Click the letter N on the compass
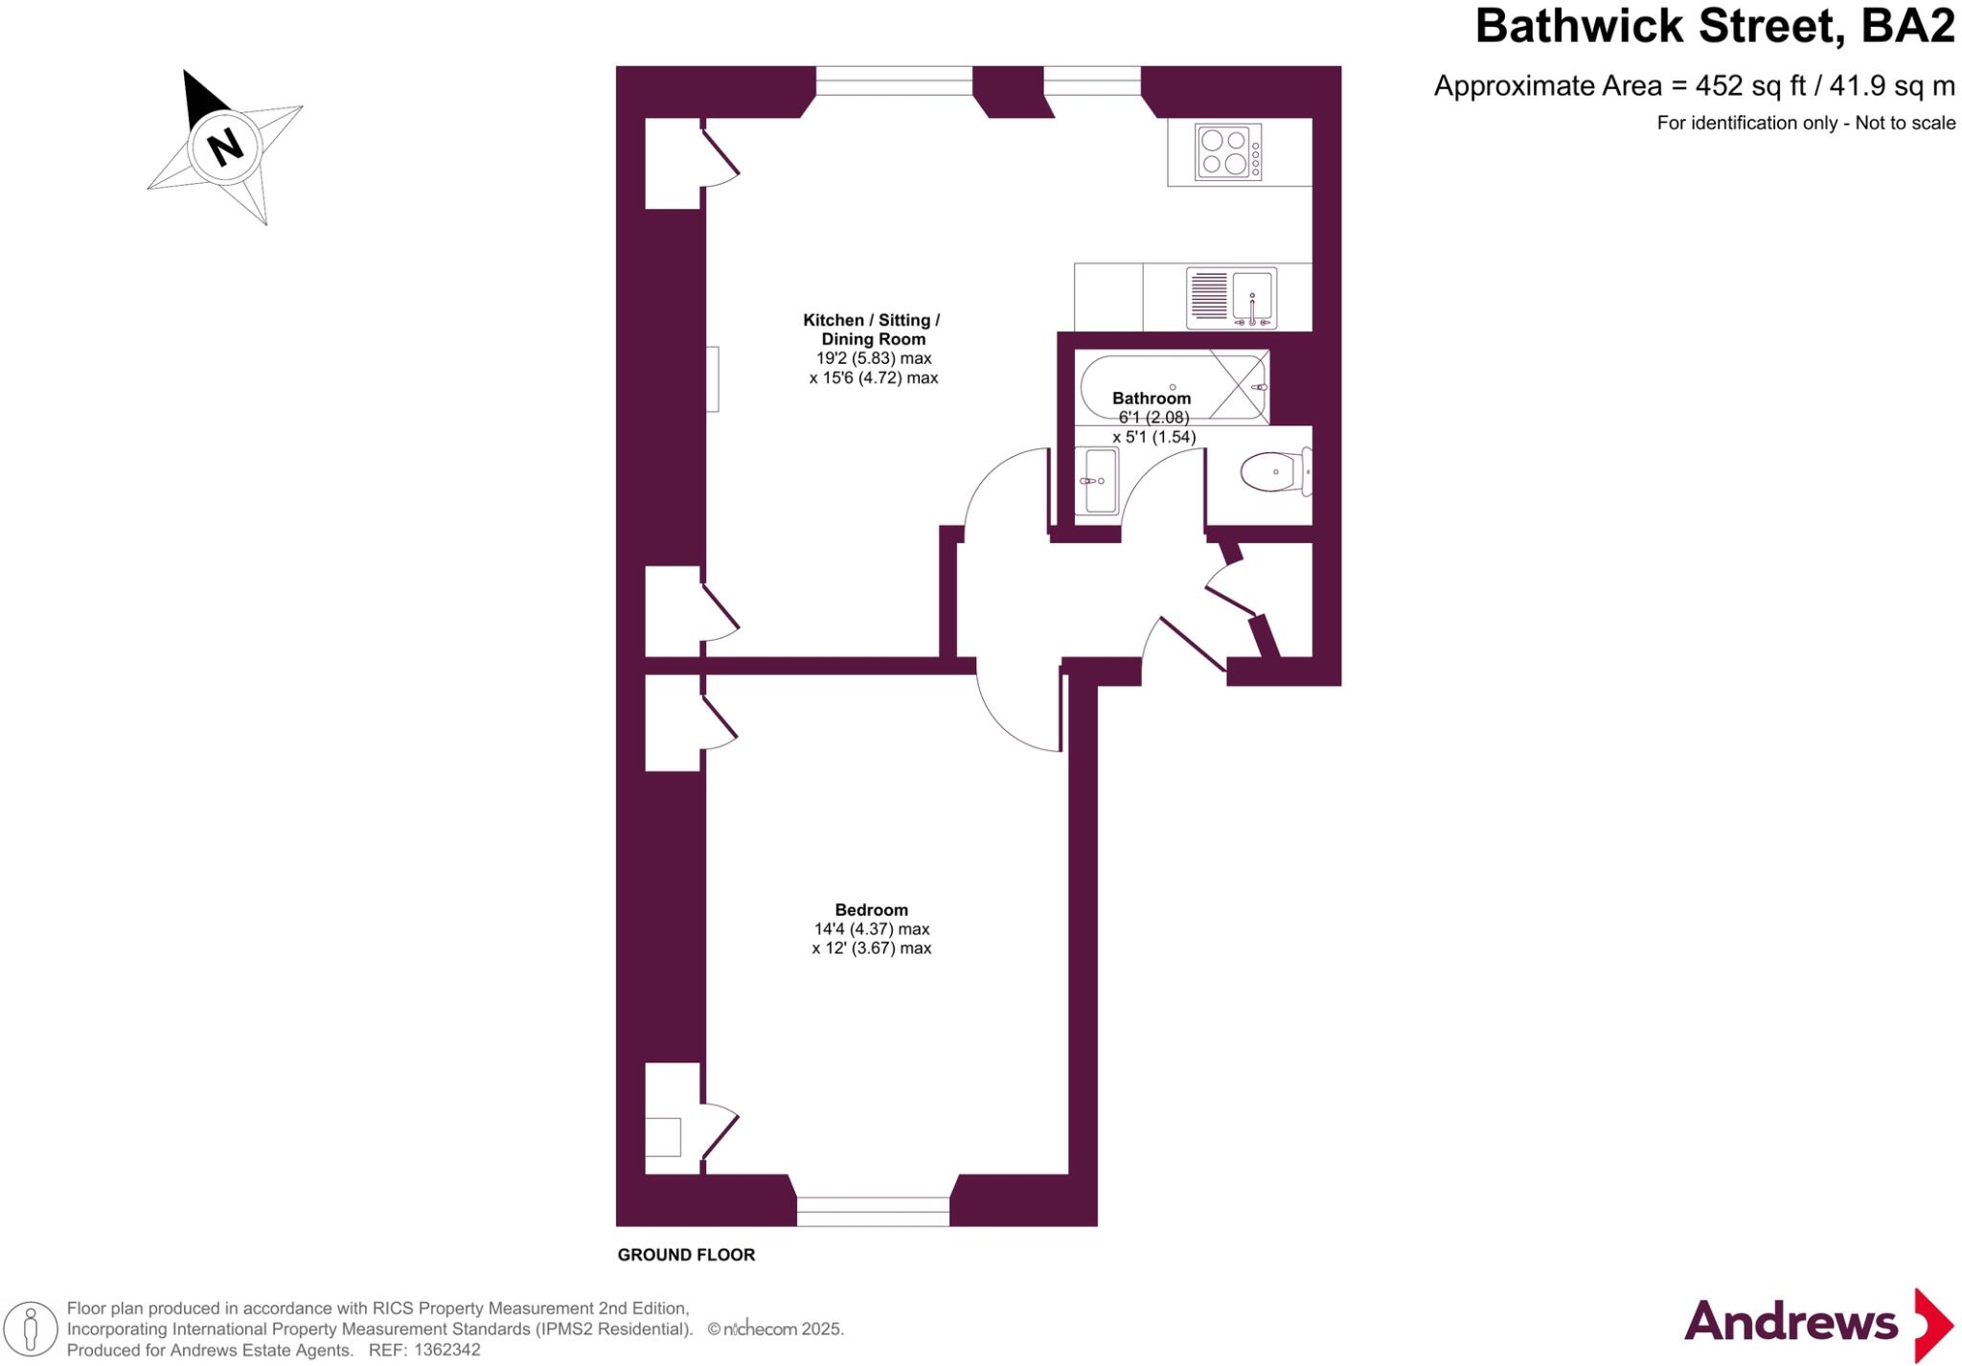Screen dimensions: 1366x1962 coord(226,147)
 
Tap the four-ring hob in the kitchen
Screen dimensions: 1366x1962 coord(1228,152)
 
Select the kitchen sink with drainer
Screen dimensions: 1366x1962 coord(1231,297)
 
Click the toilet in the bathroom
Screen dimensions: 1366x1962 coord(1275,472)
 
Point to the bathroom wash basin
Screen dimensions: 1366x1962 coord(1097,481)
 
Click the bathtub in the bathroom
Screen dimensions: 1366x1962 coord(1171,388)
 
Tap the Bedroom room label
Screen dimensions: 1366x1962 coord(871,910)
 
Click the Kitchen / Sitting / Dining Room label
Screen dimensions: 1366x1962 coord(872,330)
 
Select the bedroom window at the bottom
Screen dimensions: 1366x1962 coord(873,1212)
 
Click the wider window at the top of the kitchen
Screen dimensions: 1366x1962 coord(894,80)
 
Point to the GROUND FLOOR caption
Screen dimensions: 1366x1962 coord(686,1255)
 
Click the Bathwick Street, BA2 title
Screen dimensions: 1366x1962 coord(1714,27)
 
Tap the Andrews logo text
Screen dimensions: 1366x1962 coord(1791,1323)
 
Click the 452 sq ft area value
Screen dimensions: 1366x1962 coord(1750,86)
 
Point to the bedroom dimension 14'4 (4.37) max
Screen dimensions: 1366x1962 coord(872,929)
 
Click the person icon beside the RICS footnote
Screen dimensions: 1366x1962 coord(31,1330)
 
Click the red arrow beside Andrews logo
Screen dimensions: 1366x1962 coord(1932,1325)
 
